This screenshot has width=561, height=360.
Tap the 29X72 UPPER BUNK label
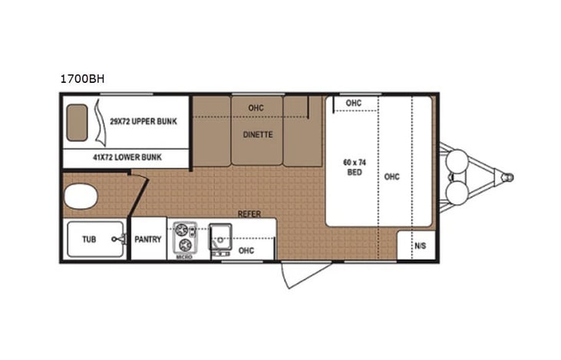click(x=144, y=122)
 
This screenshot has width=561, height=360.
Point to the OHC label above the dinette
click(x=256, y=108)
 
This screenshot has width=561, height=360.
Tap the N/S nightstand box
click(x=420, y=246)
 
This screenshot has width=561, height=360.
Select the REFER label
click(x=246, y=214)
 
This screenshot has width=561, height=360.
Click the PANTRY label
click(x=147, y=239)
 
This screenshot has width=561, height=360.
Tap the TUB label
click(x=89, y=239)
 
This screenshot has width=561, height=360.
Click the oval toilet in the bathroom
click(x=79, y=197)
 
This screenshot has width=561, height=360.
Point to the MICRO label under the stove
click(x=184, y=258)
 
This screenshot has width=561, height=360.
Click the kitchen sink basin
click(x=221, y=234)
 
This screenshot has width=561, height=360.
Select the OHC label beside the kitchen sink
click(x=246, y=250)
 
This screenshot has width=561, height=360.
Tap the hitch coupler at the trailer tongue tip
click(x=507, y=177)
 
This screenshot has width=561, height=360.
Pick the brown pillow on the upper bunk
click(x=77, y=121)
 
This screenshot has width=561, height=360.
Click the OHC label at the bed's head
click(x=391, y=177)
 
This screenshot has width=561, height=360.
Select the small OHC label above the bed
click(x=353, y=104)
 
